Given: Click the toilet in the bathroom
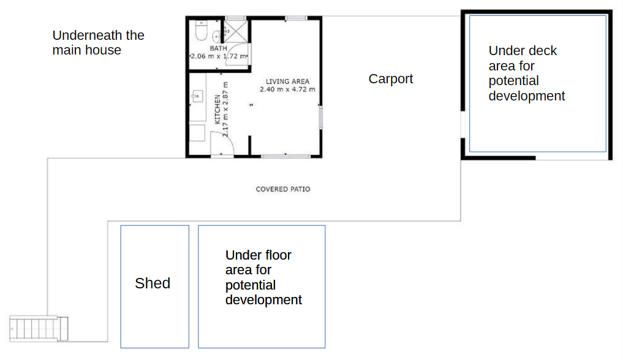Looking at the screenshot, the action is (201, 31).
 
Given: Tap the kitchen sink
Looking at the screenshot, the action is (197, 96).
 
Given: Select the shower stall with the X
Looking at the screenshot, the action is (236, 31).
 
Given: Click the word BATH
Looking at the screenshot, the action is (219, 48).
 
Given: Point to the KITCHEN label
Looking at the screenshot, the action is (217, 109).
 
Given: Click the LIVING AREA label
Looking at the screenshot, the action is (287, 81).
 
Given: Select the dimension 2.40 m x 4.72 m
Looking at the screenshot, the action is (287, 89).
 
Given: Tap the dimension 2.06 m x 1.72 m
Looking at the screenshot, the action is (219, 56).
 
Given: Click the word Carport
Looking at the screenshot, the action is (391, 78).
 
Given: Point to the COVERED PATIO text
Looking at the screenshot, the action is (283, 189).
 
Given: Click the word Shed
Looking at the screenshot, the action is (153, 283).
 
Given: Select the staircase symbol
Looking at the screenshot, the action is (39, 328).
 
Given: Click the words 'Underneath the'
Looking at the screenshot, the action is (98, 36).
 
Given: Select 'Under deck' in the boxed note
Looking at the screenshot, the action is (523, 51).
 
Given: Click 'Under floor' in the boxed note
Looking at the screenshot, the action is (259, 255).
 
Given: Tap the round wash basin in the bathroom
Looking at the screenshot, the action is (217, 36).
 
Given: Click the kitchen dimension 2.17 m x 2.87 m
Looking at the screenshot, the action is (225, 109).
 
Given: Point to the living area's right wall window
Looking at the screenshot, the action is (320, 117).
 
